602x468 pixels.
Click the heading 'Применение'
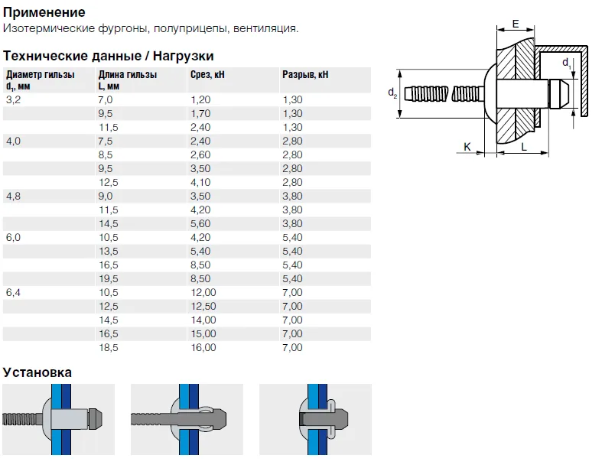(x=44, y=12)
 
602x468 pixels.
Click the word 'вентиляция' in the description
(x=265, y=28)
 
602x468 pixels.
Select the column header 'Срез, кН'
(x=207, y=74)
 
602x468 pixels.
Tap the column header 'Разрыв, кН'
(x=305, y=74)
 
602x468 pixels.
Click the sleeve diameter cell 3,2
(x=14, y=100)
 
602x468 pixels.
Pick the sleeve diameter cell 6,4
(x=14, y=293)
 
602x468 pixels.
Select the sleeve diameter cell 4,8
(x=14, y=197)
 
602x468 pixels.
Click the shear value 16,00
(x=203, y=347)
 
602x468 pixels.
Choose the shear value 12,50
(x=203, y=307)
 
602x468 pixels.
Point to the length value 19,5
(x=109, y=278)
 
